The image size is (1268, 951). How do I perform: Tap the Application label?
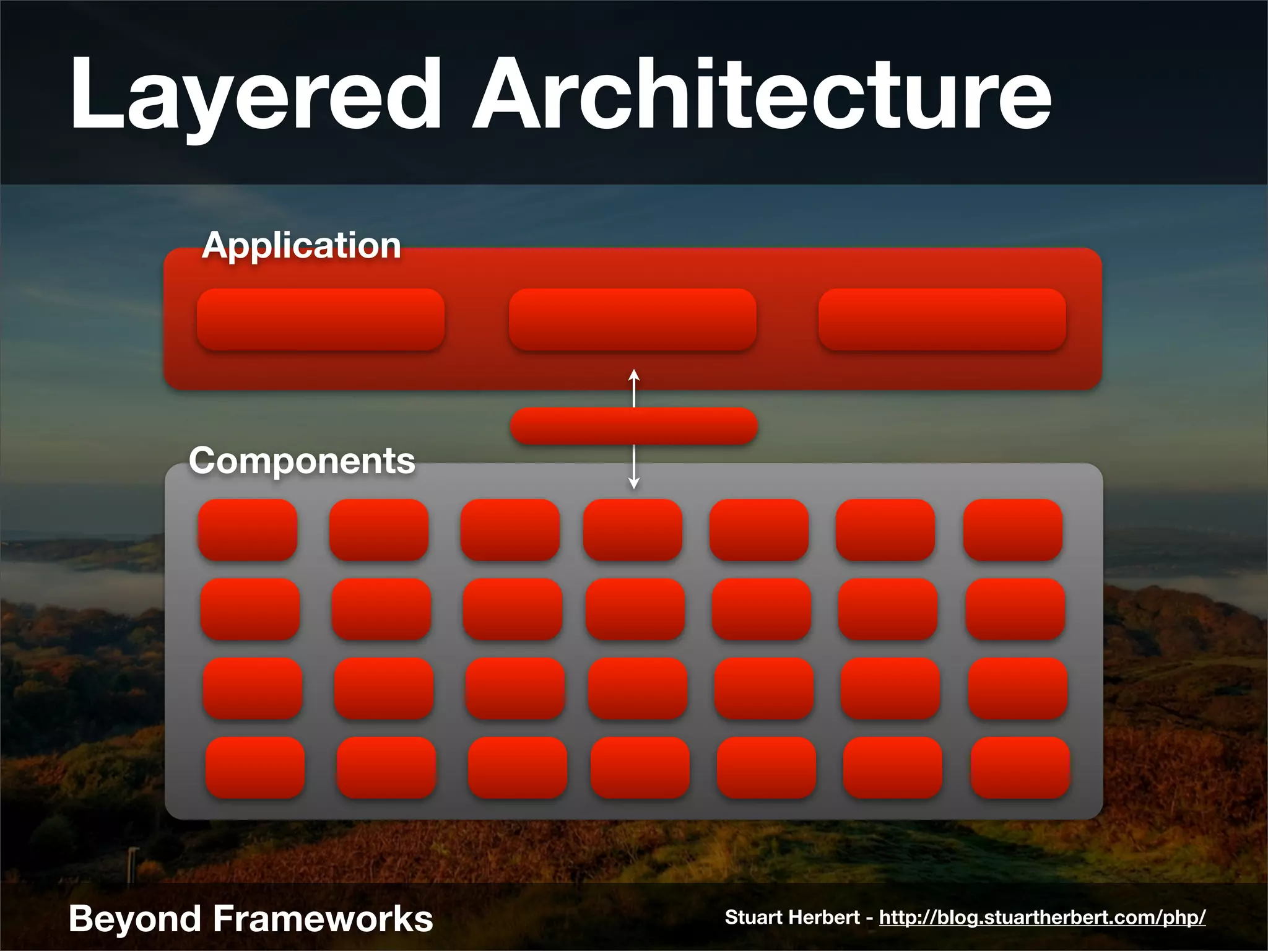click(302, 245)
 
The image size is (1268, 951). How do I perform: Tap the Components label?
click(302, 461)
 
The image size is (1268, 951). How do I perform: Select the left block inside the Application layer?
click(321, 319)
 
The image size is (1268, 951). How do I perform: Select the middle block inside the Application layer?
click(632, 319)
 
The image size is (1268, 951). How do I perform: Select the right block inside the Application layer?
click(942, 319)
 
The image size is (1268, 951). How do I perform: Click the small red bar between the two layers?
click(633, 426)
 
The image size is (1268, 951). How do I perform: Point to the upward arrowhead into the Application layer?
click(633, 374)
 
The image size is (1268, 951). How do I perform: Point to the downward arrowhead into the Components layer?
click(633, 483)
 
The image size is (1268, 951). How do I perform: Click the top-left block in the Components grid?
click(248, 530)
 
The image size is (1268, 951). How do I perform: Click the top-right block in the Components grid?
click(1013, 530)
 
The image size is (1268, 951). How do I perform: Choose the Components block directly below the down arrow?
click(633, 530)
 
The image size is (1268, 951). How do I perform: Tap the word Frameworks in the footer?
click(323, 919)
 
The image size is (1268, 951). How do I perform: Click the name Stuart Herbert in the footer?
click(792, 918)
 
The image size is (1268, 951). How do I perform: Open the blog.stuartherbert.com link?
click(1042, 918)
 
